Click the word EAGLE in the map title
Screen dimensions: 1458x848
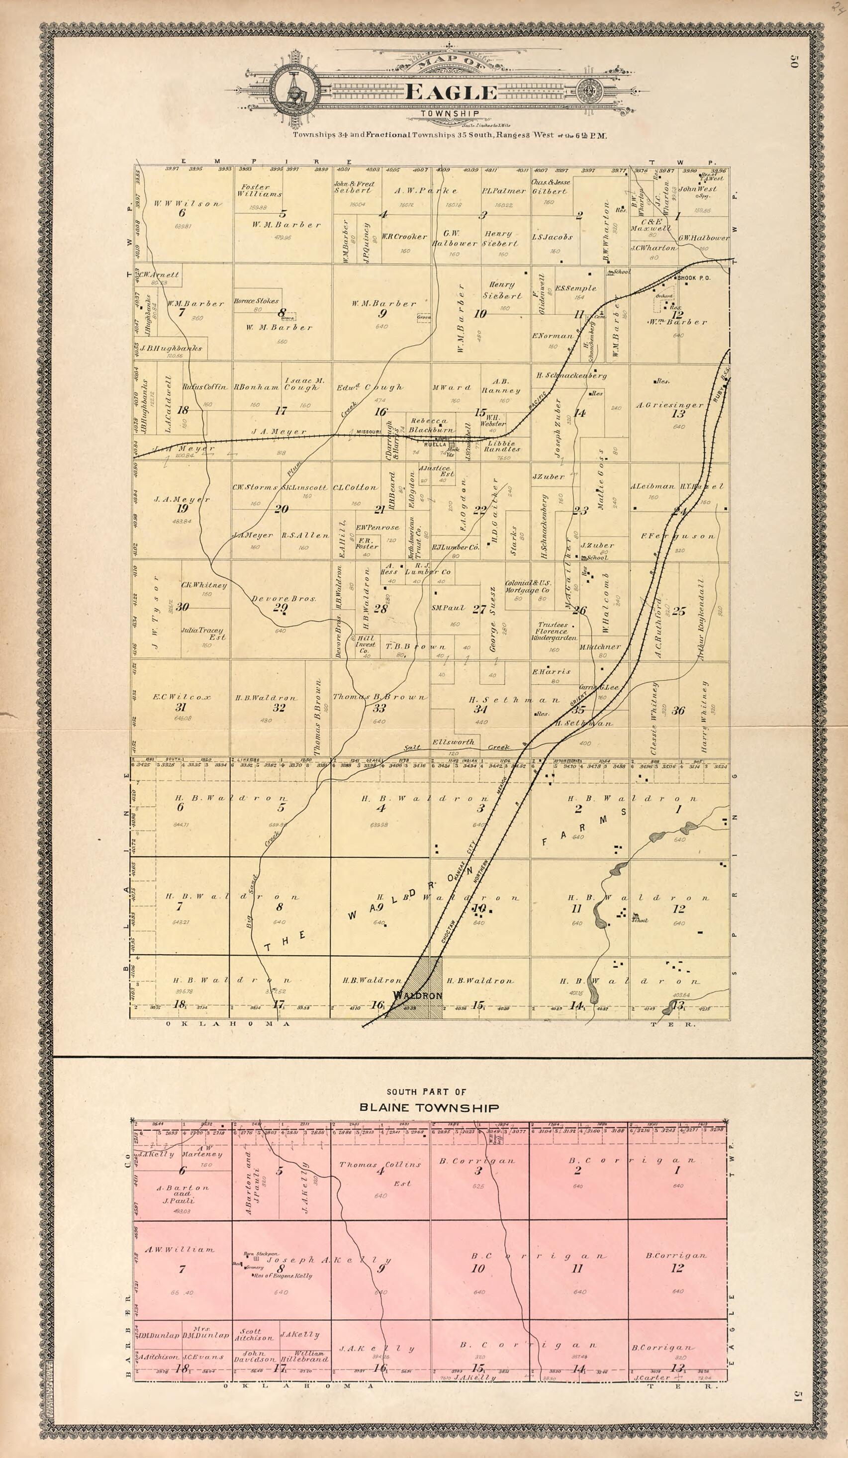(451, 93)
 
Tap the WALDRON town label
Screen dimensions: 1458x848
(417, 995)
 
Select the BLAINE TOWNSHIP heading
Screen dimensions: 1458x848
(429, 1108)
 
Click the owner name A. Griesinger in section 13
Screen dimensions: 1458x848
(670, 405)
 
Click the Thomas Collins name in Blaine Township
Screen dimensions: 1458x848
(379, 1164)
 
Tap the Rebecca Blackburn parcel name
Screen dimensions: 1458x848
(430, 425)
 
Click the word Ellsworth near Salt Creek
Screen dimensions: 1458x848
(453, 742)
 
